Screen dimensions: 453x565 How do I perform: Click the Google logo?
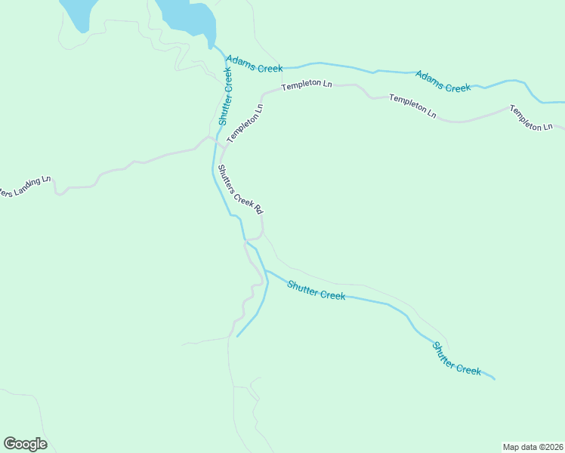[x=25, y=444]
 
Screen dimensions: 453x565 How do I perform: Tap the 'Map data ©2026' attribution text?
[x=533, y=446]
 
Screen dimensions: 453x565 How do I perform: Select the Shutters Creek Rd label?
[x=239, y=189]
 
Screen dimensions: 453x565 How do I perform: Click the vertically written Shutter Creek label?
[x=225, y=97]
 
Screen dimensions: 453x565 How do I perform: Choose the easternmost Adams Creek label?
[x=443, y=82]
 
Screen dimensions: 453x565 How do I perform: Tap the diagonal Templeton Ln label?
[x=245, y=122]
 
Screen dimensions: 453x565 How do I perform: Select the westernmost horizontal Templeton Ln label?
[x=307, y=86]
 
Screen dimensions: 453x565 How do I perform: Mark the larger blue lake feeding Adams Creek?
[x=187, y=17]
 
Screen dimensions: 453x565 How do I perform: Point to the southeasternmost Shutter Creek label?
[x=456, y=359]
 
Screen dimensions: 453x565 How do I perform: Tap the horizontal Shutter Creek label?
[x=316, y=290]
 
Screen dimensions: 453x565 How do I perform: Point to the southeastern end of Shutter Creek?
[x=494, y=377]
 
